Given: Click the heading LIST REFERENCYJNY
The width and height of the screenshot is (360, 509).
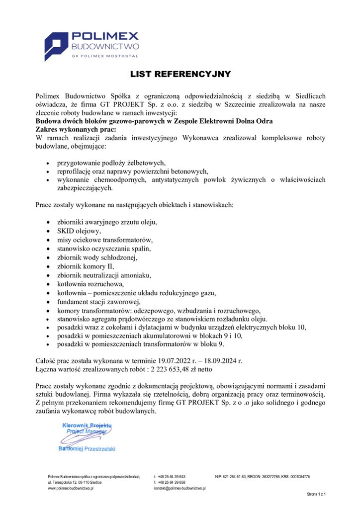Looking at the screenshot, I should click(180, 75).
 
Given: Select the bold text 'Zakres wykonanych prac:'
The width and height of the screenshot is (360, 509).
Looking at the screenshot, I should click(73, 128).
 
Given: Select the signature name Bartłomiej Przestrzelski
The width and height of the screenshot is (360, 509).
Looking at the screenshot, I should click(87, 448).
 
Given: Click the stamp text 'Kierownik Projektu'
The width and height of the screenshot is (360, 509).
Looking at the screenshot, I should click(87, 425).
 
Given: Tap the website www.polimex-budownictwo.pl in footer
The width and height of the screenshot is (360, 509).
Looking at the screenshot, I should click(71, 489).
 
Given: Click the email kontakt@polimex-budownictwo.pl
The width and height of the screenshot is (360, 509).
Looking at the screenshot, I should click(180, 489).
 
